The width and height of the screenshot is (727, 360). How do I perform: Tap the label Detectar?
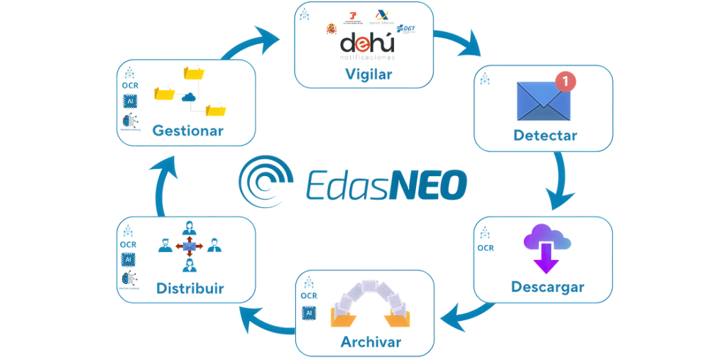click(x=545, y=135)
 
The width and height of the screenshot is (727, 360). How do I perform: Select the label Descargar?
click(x=547, y=287)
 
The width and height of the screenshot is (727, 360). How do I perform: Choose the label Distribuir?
click(x=190, y=288)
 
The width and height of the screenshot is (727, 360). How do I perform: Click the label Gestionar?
click(x=187, y=131)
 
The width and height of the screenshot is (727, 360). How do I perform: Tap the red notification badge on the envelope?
click(x=566, y=81)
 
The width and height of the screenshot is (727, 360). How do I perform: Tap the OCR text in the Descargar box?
click(x=486, y=249)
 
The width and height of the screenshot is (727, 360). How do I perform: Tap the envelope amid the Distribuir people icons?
click(x=189, y=246)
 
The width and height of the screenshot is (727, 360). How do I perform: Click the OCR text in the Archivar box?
click(x=308, y=295)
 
